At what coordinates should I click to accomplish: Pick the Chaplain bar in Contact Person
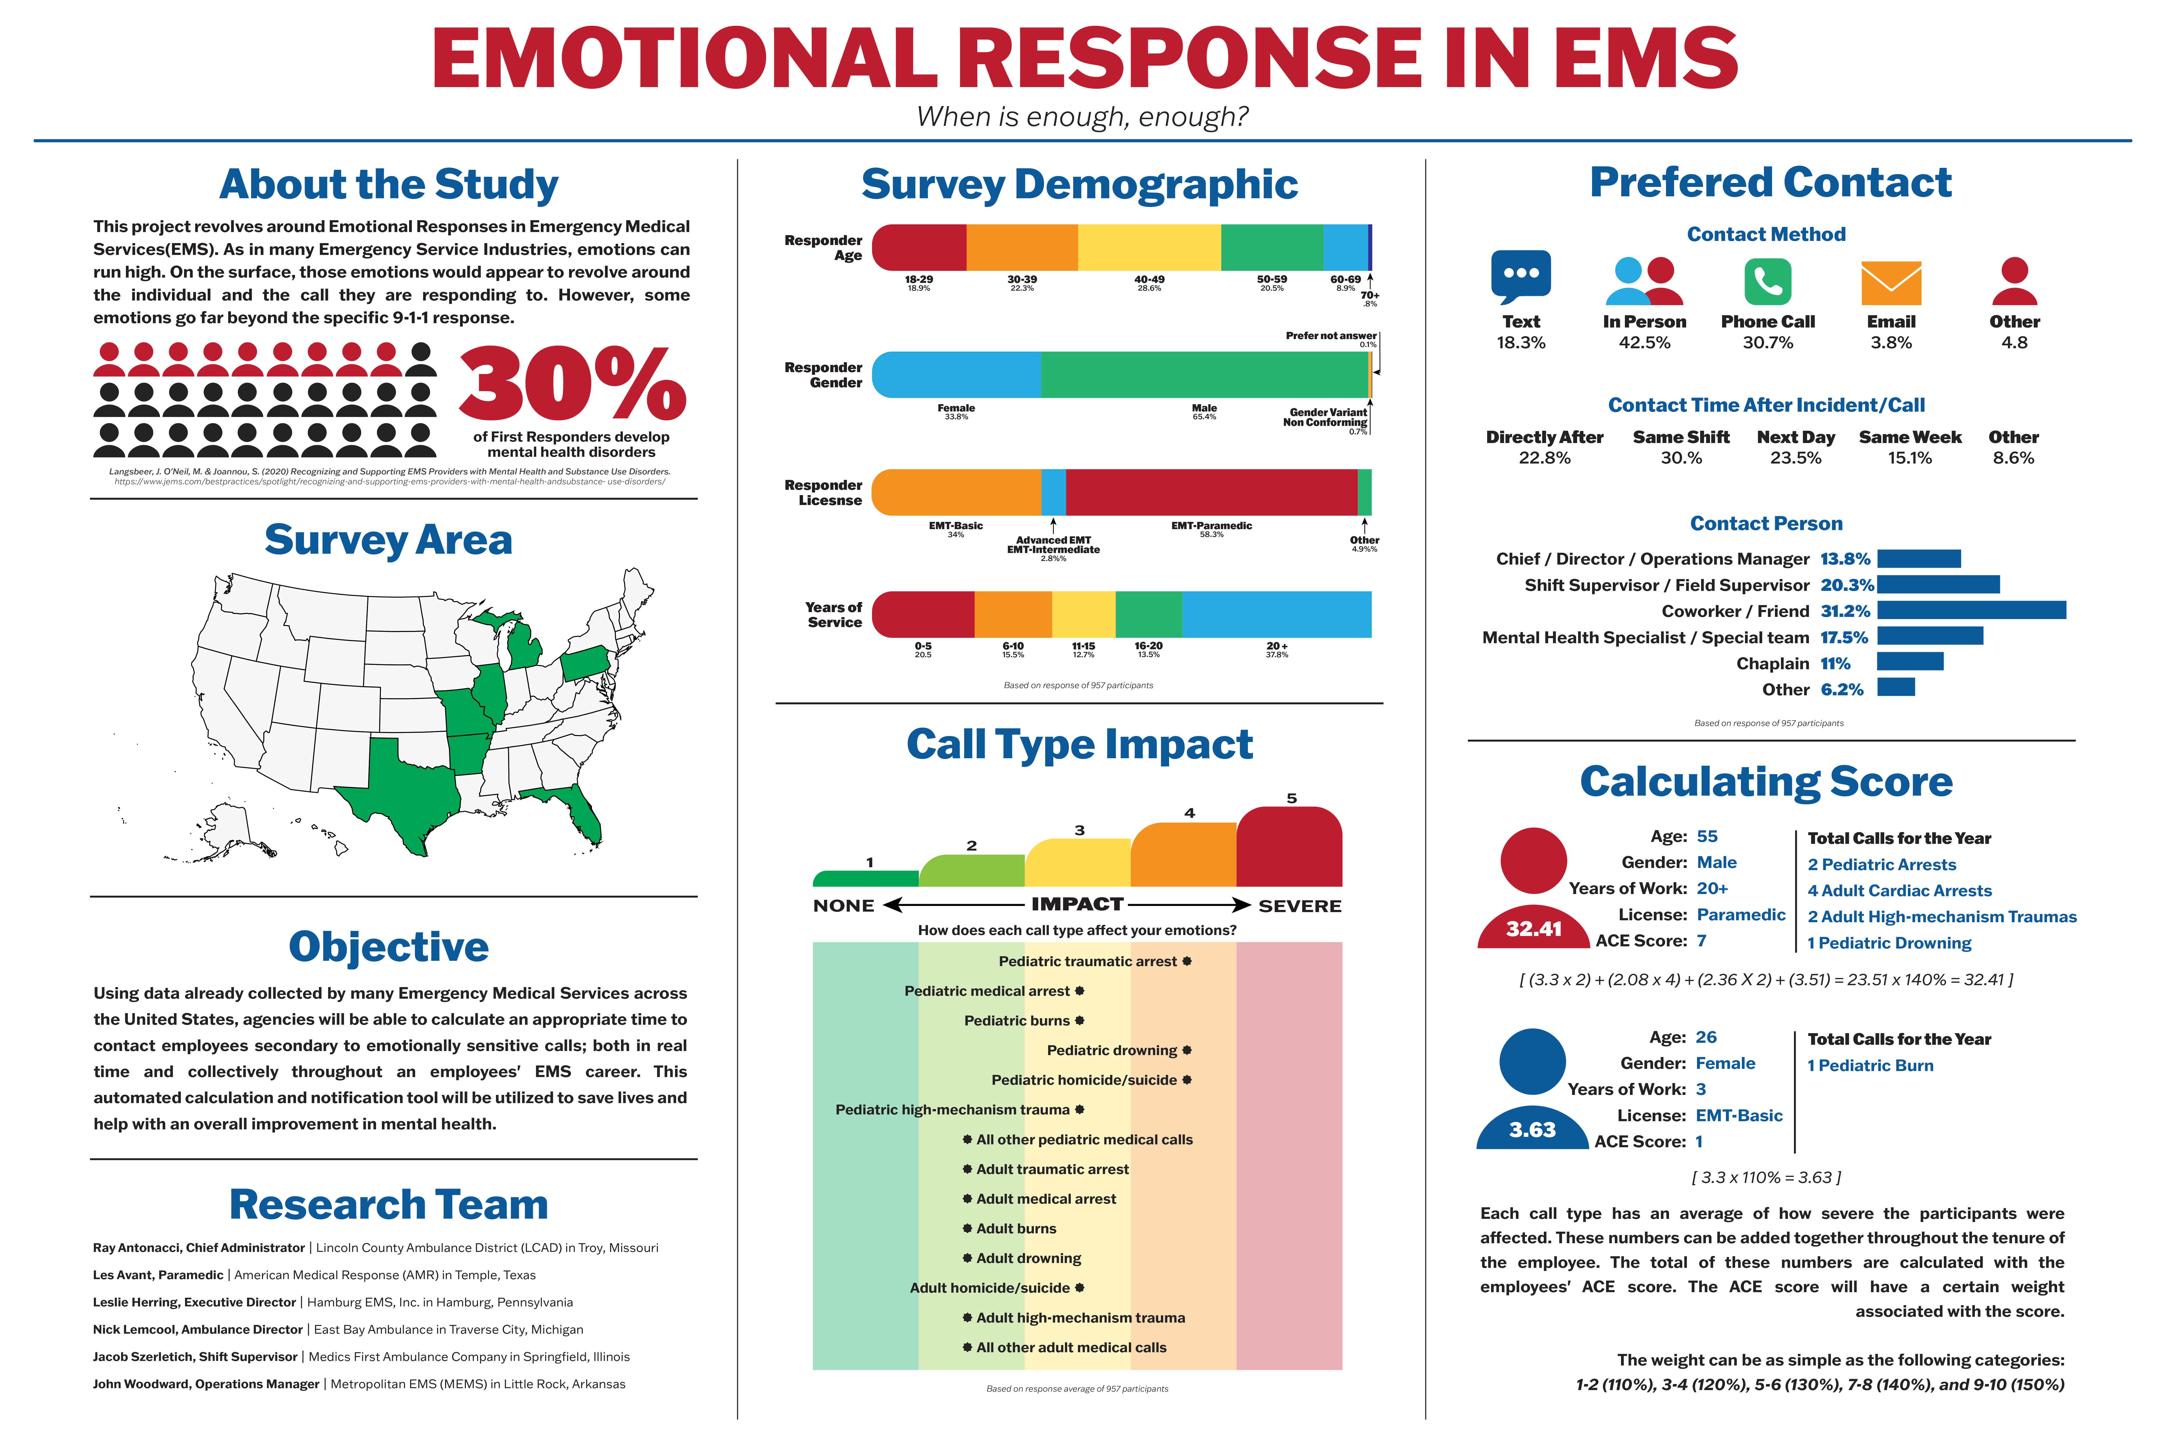(x=1910, y=662)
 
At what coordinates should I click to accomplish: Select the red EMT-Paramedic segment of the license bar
(x=1211, y=492)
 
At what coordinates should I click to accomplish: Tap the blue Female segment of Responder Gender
(x=955, y=375)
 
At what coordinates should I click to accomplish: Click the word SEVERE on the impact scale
(x=1300, y=906)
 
